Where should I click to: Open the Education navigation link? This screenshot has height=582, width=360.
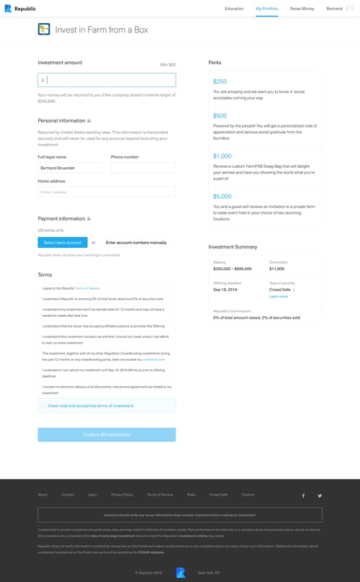[234, 9]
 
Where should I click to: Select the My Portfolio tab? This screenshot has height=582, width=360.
[266, 9]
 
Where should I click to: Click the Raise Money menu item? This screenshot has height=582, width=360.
[302, 9]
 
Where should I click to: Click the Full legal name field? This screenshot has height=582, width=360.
[71, 168]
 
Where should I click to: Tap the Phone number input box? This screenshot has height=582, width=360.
[143, 168]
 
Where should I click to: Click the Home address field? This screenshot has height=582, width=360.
[107, 192]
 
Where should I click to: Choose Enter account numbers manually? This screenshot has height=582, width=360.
[136, 243]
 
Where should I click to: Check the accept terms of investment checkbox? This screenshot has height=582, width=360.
[43, 406]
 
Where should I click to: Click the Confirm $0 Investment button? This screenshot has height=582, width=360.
[107, 435]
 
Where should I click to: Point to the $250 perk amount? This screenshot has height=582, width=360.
[220, 82]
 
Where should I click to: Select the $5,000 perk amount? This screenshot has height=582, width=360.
[222, 197]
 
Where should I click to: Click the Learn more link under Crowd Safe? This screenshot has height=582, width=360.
[278, 297]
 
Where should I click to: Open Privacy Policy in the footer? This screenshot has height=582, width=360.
[122, 495]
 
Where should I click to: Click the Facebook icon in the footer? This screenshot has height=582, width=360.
[303, 496]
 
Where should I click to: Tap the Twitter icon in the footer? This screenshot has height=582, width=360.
[320, 496]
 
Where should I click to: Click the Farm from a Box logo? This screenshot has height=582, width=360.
[44, 30]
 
